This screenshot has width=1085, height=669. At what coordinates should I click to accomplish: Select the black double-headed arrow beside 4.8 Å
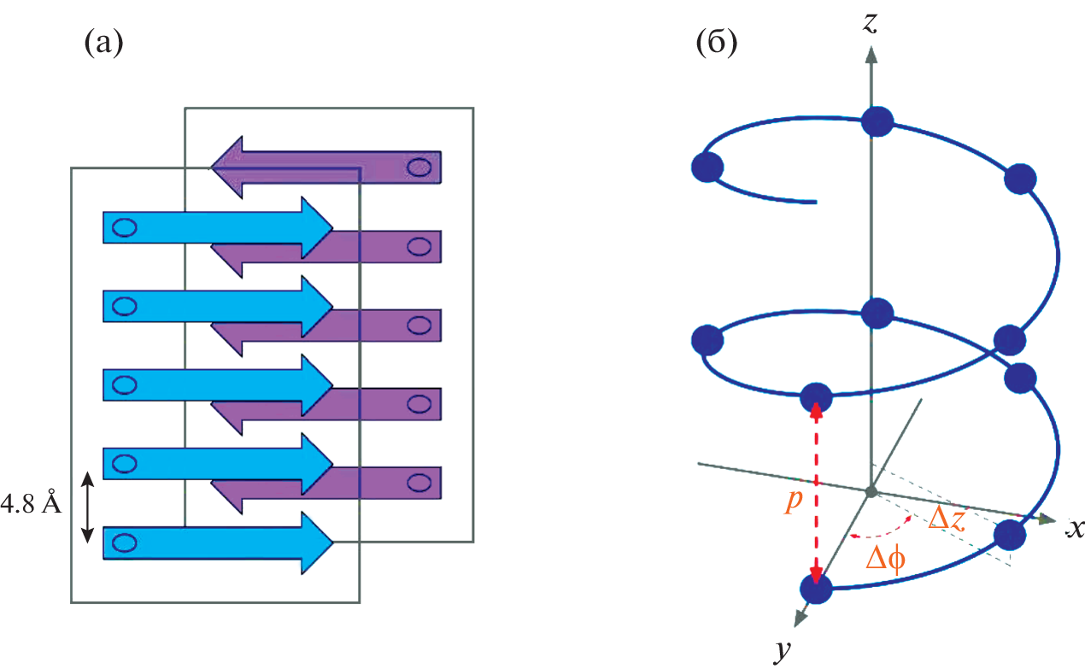[x=86, y=509]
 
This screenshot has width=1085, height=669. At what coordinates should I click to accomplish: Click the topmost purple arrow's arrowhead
[x=229, y=165]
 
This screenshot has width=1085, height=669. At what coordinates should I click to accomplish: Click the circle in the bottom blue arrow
[x=125, y=542]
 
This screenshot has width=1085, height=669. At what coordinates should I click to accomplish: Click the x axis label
[x=1074, y=528]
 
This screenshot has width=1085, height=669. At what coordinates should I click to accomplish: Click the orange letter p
[x=795, y=501]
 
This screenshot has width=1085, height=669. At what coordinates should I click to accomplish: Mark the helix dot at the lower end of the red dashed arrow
[x=817, y=589]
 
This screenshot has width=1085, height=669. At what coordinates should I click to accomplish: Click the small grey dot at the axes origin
[x=871, y=491]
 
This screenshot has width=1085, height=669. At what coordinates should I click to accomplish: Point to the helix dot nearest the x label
[x=1010, y=536]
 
